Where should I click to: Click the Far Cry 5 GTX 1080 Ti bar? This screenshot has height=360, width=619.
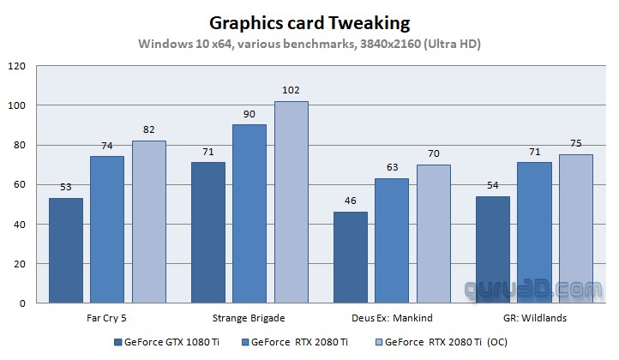click(x=66, y=250)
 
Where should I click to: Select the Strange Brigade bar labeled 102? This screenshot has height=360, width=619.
click(x=291, y=202)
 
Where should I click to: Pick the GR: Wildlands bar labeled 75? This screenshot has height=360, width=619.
click(x=575, y=229)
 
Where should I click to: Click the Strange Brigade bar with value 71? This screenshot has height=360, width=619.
click(x=208, y=232)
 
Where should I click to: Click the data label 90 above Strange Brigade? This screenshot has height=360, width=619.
click(x=249, y=115)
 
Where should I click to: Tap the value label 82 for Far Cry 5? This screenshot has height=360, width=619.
click(x=148, y=130)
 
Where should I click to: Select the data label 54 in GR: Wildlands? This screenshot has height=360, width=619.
click(x=491, y=186)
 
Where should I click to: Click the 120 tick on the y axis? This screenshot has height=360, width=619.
click(x=18, y=66)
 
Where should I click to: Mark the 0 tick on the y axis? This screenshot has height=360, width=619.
click(x=23, y=303)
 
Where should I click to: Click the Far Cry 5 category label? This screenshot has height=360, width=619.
click(x=107, y=318)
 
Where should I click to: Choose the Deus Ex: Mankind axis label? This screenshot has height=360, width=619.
click(x=391, y=318)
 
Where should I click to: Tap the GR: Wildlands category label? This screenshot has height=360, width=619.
click(x=533, y=318)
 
